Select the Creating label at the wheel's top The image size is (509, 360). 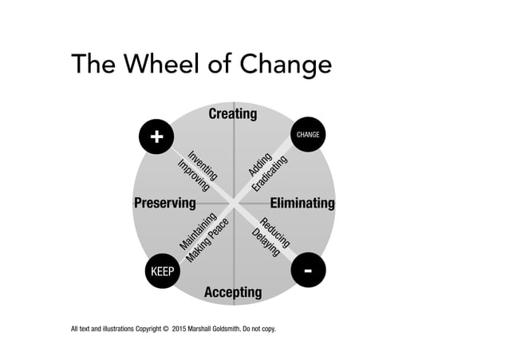[x=233, y=114]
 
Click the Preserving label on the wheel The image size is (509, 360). [x=164, y=203]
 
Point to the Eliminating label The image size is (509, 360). [x=302, y=203]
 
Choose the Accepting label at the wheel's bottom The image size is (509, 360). [x=233, y=292]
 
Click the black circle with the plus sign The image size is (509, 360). [x=156, y=137]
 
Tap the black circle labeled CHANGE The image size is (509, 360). [x=308, y=135]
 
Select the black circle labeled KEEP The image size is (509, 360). [x=163, y=272]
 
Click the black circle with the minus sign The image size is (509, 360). [x=308, y=271]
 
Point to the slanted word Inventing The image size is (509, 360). [x=203, y=164]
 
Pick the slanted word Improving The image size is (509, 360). [x=194, y=175]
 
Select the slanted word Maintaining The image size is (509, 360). [x=195, y=231]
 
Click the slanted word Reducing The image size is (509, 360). [x=275, y=231]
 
